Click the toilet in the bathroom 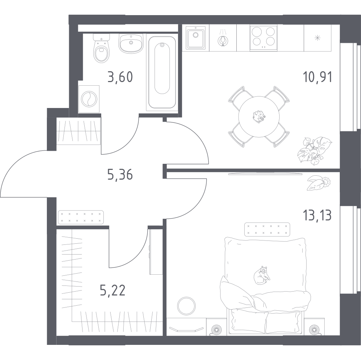[101, 48]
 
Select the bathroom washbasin [131, 43]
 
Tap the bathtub [162, 72]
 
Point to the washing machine [89, 99]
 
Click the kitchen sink [196, 37]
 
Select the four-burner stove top [263, 37]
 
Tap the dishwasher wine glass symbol [223, 41]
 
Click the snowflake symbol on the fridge [317, 38]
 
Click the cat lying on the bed [262, 275]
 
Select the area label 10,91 [317, 77]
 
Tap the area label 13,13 [317, 215]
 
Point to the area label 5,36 [120, 175]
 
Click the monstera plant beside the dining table [315, 151]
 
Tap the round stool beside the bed [187, 306]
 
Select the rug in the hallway [81, 217]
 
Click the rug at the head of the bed [267, 229]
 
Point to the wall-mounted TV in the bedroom [265, 173]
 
